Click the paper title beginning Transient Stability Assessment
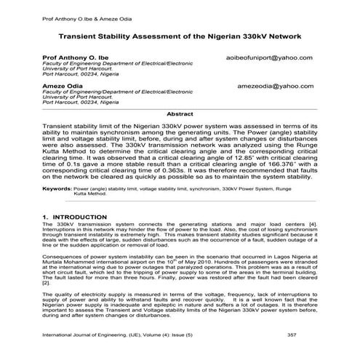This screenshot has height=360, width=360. [180, 36]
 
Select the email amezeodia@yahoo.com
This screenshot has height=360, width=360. [271, 86]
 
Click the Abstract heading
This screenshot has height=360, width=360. [180, 114]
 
